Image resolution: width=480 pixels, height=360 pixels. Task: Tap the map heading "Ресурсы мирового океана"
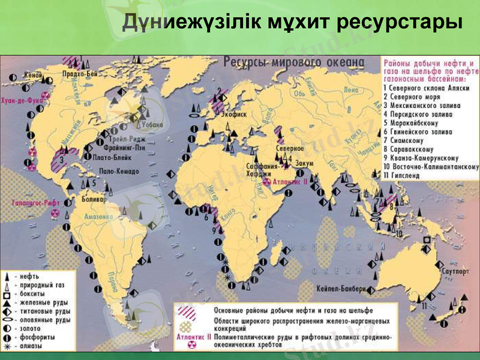coord(293,61)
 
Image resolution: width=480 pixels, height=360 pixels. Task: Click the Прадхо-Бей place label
coord(80,74)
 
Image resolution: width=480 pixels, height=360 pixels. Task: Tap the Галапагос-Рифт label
coord(34,203)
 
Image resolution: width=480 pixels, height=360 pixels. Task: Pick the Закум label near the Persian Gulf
coord(304,163)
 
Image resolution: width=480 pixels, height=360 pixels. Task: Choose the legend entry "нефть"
coord(29,277)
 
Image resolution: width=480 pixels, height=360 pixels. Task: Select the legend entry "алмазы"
coord(31,346)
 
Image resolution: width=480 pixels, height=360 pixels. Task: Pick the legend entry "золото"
coord(31,329)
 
